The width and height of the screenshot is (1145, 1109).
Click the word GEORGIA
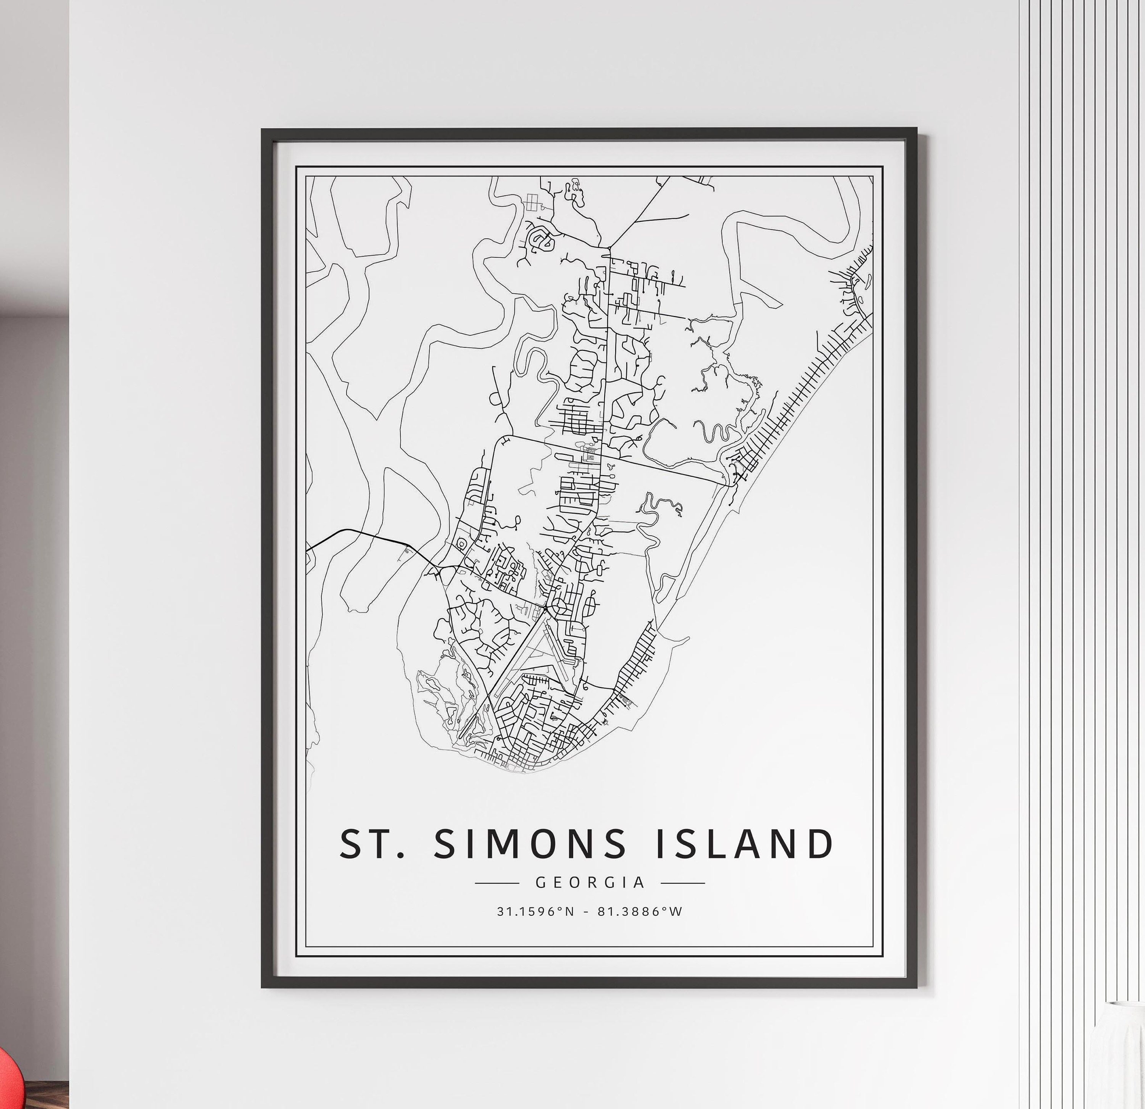590,882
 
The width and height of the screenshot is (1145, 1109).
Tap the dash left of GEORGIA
497,883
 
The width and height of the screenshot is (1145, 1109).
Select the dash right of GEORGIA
683,883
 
